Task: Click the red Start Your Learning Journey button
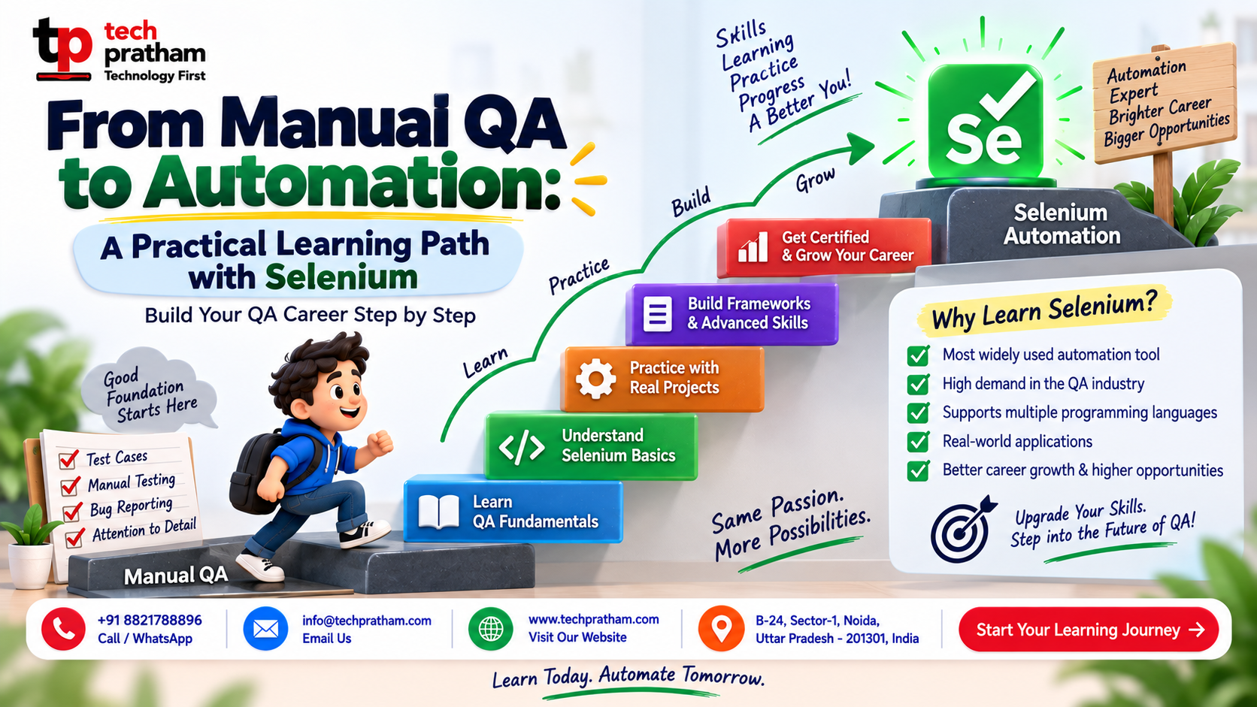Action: pyautogui.click(x=1089, y=629)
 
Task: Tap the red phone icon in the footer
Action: pyautogui.click(x=63, y=629)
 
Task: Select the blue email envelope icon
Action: pyautogui.click(x=265, y=629)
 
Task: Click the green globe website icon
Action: pyautogui.click(x=490, y=629)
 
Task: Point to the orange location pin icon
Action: pyautogui.click(x=721, y=629)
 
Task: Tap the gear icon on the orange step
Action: pyautogui.click(x=595, y=379)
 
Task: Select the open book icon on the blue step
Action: pyautogui.click(x=438, y=512)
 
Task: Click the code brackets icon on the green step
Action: pyautogui.click(x=521, y=447)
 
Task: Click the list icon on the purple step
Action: pyautogui.click(x=657, y=313)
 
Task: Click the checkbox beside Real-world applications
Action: pyautogui.click(x=918, y=442)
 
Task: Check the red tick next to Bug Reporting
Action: pyautogui.click(x=72, y=511)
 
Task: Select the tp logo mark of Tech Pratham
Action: pyautogui.click(x=62, y=49)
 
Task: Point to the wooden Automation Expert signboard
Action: pyautogui.click(x=1165, y=104)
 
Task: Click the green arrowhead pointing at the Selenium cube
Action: pyautogui.click(x=860, y=148)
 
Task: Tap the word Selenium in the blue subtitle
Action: pyautogui.click(x=341, y=277)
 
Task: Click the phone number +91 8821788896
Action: pyautogui.click(x=150, y=620)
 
